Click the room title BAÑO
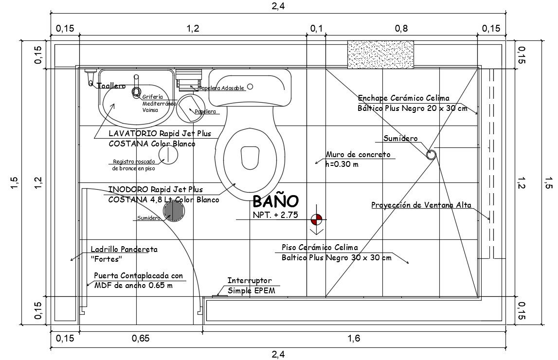point(275,201)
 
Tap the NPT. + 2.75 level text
point(275,215)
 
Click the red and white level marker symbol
point(316,219)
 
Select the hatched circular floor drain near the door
point(174,211)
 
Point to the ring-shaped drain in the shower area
point(431,155)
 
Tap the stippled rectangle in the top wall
point(380,54)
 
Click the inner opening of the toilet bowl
point(250,156)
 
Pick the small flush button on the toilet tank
point(250,87)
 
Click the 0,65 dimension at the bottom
point(140,339)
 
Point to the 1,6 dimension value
point(354,339)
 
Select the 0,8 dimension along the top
point(401,29)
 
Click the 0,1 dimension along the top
point(316,29)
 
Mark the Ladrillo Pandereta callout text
point(124,253)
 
